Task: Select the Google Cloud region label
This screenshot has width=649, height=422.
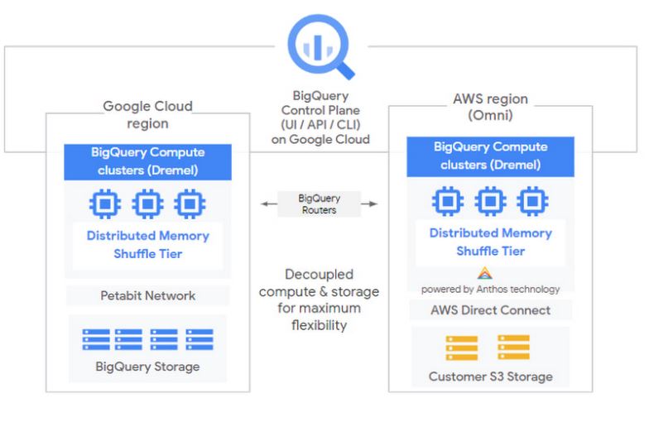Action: point(147,114)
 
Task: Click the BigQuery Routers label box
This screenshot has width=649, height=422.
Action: point(318,204)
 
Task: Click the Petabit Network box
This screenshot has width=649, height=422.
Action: point(147,295)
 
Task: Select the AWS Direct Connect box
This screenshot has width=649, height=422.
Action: point(491,310)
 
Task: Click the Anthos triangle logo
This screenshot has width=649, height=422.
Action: point(485,273)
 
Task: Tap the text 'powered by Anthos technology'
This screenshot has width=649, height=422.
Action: point(490,290)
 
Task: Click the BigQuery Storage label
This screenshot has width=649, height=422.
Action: point(147,367)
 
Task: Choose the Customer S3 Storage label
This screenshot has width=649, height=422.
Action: point(490,376)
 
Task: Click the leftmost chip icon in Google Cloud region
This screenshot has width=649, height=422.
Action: point(104,203)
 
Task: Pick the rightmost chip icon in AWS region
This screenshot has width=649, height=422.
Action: point(532,201)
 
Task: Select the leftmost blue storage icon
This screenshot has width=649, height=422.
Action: point(95,339)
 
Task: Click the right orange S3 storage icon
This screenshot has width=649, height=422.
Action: point(513,347)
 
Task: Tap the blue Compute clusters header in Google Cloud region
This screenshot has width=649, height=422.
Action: point(147,161)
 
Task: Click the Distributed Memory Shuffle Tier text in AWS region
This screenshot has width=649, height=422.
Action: point(490,242)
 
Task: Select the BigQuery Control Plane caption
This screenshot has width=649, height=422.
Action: point(320,117)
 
